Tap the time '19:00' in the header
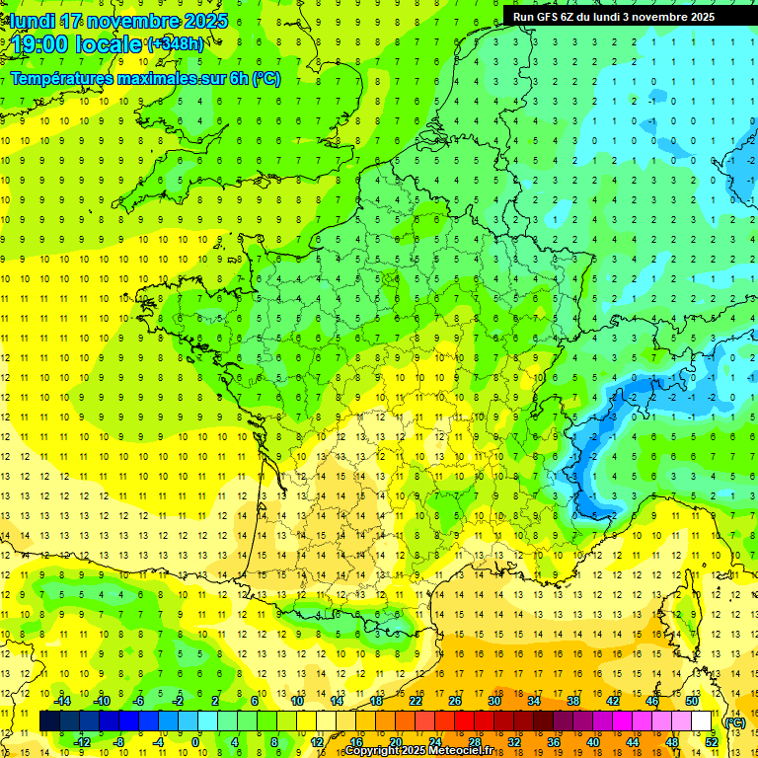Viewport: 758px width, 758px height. (x=42, y=44)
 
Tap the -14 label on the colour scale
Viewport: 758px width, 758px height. (x=65, y=701)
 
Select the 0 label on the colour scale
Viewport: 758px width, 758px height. (x=195, y=741)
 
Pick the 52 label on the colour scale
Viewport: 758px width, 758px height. (x=711, y=741)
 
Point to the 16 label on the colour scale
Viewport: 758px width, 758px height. (x=355, y=741)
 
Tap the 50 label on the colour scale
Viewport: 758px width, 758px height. (x=691, y=701)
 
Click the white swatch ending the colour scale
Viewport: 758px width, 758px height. (x=702, y=721)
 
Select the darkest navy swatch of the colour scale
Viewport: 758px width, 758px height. (x=49, y=721)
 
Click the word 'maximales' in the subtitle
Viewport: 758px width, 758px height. (x=158, y=79)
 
